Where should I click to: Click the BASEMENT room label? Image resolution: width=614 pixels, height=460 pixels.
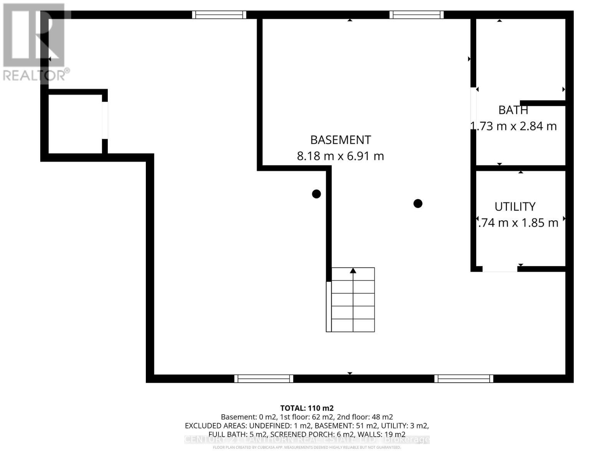coord(340,140)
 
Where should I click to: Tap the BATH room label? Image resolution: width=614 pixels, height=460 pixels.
coord(513,110)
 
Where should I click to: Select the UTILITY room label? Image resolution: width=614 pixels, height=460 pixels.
coord(515,207)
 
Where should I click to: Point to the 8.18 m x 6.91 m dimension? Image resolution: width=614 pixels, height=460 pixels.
coord(340,156)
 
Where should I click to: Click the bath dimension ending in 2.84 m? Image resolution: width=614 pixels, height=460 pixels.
coord(513,126)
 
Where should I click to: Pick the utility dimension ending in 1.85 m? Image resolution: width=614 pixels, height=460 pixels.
coord(518,223)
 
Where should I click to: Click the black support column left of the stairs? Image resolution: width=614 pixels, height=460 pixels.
coord(316,194)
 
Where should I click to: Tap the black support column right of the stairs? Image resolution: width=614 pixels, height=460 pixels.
coord(418,204)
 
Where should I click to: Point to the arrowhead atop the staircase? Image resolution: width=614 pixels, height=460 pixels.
coord(353,271)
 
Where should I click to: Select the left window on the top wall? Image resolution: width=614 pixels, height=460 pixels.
coord(219,15)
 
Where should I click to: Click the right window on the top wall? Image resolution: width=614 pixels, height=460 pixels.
coord(417,15)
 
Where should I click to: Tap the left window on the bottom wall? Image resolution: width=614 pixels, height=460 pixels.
coord(264,379)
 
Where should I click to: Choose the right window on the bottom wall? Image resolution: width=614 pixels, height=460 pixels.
coord(464,379)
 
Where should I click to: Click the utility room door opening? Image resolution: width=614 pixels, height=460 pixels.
coord(500,269)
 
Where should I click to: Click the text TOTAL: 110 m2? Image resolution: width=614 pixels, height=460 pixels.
coord(307,408)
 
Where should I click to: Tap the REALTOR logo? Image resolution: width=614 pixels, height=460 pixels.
coord(35,42)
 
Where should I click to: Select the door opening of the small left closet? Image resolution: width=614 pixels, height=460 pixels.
coord(105,120)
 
